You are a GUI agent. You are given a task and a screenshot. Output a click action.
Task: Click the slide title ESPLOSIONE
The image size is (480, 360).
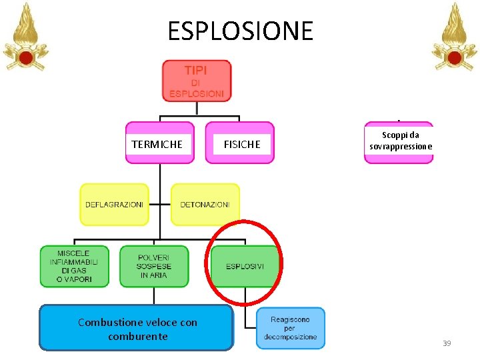pos(240,31)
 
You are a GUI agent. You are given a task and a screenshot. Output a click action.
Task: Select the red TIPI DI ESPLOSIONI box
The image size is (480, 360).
pos(196,81)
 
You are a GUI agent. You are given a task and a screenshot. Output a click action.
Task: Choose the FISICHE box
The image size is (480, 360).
pos(240,143)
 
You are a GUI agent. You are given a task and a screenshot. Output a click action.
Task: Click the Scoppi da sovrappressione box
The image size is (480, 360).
pos(398,142)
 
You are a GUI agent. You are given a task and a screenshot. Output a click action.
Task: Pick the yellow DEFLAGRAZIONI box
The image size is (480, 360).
pos(114,205)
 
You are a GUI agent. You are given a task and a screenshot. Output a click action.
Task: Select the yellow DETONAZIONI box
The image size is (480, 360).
pos(205,205)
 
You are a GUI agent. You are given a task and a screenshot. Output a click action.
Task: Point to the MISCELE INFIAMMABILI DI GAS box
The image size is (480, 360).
pos(73,266)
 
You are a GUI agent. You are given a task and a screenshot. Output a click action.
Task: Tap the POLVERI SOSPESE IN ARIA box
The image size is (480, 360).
pos(154,266)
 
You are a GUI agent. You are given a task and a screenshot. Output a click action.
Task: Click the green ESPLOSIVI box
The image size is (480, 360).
pos(245,266)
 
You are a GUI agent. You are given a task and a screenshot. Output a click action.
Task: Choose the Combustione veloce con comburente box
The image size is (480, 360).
pos(137,328)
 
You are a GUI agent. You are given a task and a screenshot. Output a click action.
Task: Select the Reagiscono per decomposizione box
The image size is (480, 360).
pos(290,328)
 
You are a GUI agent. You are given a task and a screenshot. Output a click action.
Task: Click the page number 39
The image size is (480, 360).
pos(447,343)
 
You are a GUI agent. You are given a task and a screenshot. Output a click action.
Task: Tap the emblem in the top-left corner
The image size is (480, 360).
pos(26,38)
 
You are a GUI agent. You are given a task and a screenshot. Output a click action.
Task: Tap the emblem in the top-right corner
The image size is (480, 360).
pos(454,38)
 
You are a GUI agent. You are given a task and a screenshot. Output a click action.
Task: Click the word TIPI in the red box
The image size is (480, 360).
pos(196,70)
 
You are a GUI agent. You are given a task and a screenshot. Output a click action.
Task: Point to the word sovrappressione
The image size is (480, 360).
pos(398,147)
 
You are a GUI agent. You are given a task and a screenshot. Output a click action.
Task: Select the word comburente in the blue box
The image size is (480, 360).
pos(137,336)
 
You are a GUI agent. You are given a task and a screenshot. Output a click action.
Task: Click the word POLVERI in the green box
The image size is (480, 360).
pos(154,257)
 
